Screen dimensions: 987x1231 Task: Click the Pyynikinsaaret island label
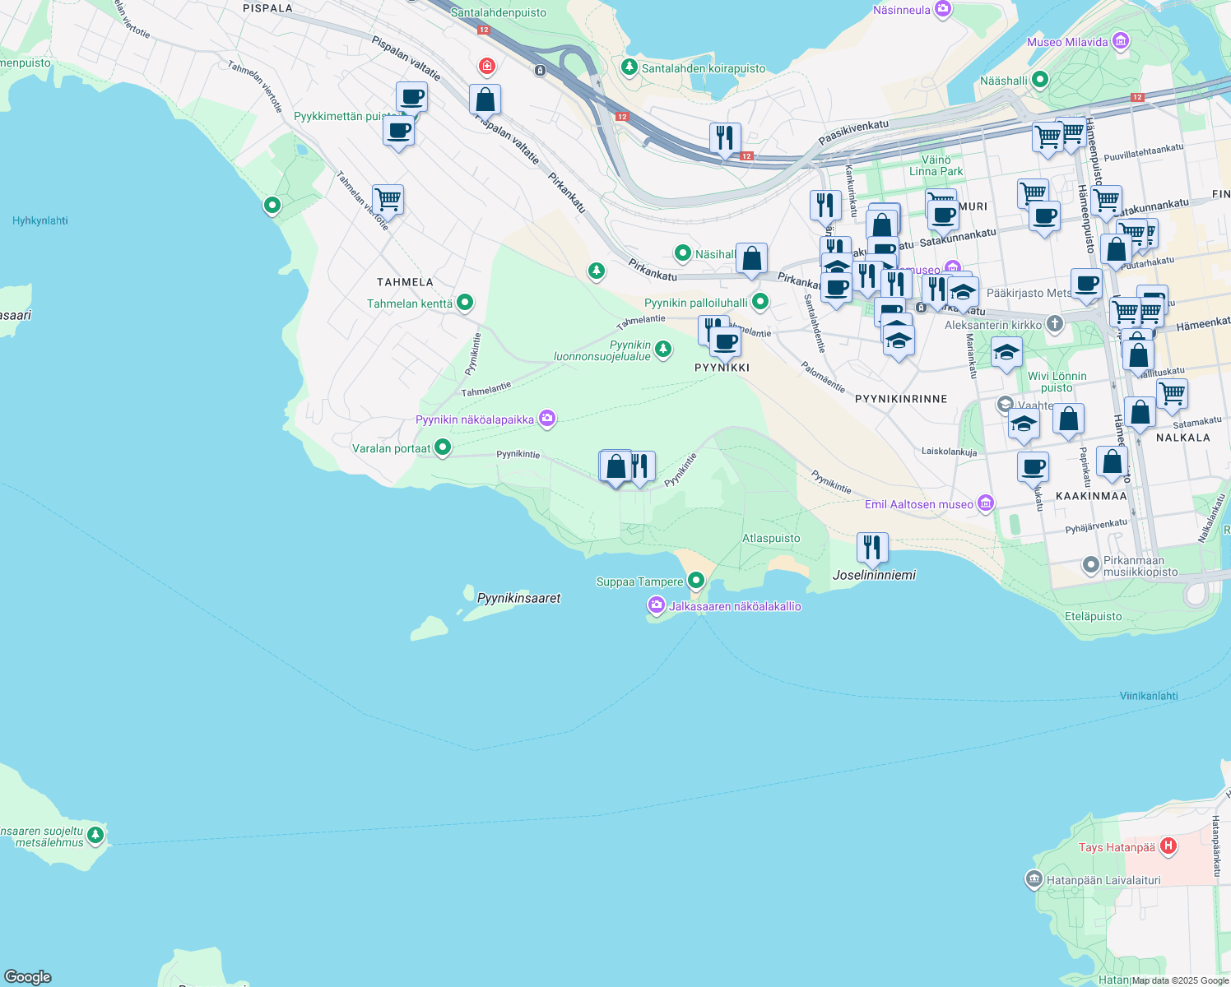click(518, 598)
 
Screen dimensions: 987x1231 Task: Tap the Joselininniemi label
click(874, 575)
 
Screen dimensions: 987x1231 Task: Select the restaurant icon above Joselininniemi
click(871, 547)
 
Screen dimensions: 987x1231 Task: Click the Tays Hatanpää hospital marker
click(1168, 846)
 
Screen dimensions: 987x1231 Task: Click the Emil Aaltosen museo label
click(918, 504)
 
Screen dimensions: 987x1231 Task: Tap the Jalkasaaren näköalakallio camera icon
click(656, 606)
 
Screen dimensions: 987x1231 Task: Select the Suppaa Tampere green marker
click(696, 581)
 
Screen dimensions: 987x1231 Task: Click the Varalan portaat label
click(391, 448)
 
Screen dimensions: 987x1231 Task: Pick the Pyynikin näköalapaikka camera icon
click(547, 419)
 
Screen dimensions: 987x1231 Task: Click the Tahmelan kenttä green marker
click(465, 303)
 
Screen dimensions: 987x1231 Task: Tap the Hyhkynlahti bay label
click(40, 220)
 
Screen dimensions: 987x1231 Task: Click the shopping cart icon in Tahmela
click(388, 199)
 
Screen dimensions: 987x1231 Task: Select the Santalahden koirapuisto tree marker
click(629, 67)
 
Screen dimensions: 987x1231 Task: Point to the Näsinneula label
click(901, 10)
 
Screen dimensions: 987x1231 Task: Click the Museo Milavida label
click(1067, 42)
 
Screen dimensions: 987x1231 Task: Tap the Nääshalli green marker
click(1039, 80)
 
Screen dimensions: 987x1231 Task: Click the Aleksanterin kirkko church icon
click(1055, 324)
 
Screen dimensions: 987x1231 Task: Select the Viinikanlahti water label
click(1149, 696)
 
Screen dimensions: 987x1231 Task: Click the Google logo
click(28, 977)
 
